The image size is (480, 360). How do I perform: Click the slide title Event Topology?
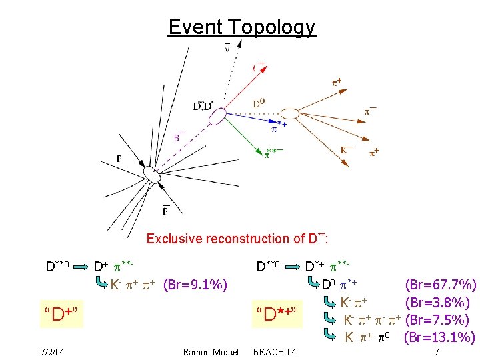coord(241,27)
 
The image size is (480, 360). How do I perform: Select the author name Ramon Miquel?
coord(210,351)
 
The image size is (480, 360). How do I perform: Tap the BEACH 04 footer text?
coord(275,351)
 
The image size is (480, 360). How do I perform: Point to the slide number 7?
coord(436,351)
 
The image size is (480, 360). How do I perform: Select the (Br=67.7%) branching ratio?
coord(441,285)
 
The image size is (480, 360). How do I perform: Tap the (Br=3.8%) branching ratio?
coord(441,303)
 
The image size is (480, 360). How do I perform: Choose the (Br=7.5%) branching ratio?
coord(441,320)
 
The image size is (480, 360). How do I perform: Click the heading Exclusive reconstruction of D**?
coord(239,238)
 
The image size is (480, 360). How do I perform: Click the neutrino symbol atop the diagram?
coord(227,48)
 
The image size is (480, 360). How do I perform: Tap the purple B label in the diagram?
coord(179,137)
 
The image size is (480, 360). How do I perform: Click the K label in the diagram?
coord(347,151)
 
